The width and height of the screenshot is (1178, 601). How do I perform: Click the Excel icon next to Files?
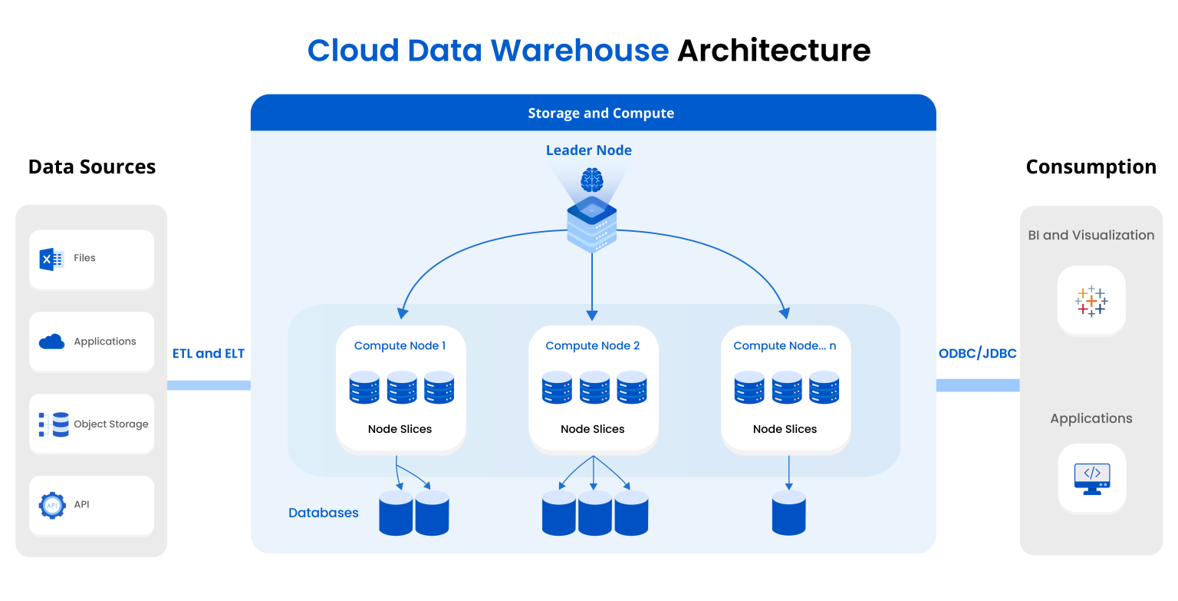tap(51, 259)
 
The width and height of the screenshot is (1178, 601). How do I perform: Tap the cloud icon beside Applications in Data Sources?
tap(51, 342)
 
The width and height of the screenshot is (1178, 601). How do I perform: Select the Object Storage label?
tap(110, 424)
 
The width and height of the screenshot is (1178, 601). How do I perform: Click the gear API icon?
tap(52, 505)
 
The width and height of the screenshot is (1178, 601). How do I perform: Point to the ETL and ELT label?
tap(209, 353)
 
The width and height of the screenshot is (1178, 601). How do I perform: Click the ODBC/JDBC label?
tap(977, 353)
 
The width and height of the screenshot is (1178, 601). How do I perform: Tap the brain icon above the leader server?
tap(591, 181)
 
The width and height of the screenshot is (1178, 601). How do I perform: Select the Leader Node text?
tap(588, 150)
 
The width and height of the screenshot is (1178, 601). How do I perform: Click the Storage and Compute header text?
tap(601, 114)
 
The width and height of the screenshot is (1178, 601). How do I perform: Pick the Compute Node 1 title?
tap(400, 345)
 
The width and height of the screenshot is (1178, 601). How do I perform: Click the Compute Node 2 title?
tap(592, 345)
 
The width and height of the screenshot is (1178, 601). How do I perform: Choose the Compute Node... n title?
tap(785, 345)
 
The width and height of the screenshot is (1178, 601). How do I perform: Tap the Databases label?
tap(323, 513)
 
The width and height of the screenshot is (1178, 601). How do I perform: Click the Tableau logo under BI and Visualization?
tap(1091, 301)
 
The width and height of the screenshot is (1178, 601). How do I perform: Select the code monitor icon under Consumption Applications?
tap(1091, 478)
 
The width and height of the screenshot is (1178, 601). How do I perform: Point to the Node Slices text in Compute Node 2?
tap(592, 429)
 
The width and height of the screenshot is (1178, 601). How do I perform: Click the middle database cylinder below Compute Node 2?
tap(594, 513)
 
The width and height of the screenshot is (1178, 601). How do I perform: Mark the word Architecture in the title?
tap(773, 51)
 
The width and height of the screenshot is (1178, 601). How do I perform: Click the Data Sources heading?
tap(92, 167)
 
